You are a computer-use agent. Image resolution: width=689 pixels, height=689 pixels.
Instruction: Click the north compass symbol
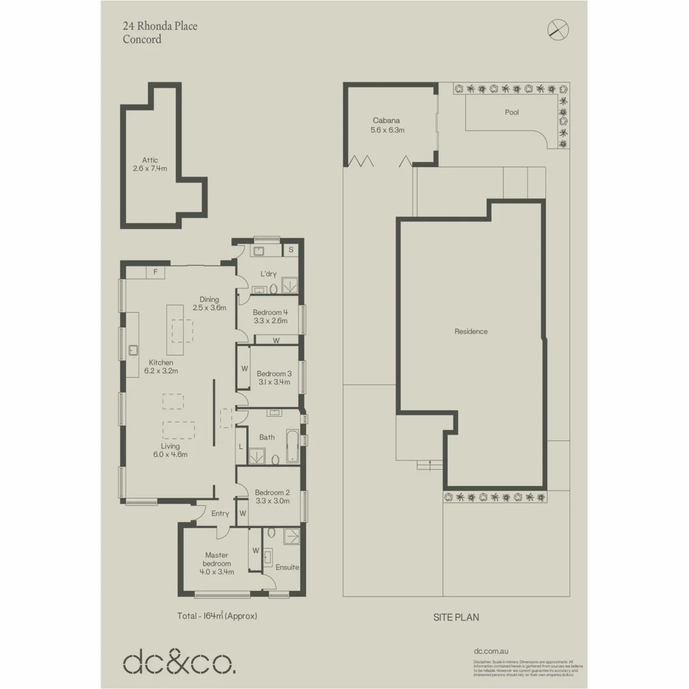click(x=558, y=29)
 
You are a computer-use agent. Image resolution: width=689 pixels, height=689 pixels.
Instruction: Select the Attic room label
click(x=150, y=160)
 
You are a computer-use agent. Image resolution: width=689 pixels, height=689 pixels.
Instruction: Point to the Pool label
click(x=512, y=112)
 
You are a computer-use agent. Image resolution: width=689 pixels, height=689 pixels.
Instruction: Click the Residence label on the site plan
click(x=471, y=331)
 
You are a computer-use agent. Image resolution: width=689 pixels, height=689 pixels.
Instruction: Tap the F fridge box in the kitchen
click(x=155, y=272)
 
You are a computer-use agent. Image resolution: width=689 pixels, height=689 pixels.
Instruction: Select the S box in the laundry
click(x=291, y=250)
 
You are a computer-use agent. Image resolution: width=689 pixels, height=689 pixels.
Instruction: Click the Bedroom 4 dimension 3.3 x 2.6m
click(x=270, y=321)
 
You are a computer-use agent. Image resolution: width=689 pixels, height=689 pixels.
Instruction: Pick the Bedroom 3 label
click(x=274, y=373)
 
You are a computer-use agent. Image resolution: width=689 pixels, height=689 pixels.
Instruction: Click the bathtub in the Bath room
click(x=292, y=447)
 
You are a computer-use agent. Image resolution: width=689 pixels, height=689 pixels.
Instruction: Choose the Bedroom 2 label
click(x=272, y=492)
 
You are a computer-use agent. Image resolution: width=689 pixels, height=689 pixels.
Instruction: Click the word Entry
click(x=220, y=514)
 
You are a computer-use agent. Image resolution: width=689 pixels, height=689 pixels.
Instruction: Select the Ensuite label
click(x=286, y=567)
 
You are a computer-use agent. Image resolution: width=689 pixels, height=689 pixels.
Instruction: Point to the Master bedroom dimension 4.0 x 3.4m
click(x=216, y=572)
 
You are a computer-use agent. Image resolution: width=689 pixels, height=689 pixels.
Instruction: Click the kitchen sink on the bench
click(x=134, y=349)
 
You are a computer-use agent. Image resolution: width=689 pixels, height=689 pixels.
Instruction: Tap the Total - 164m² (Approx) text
click(x=217, y=616)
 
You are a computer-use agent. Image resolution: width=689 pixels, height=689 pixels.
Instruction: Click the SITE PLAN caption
click(x=456, y=618)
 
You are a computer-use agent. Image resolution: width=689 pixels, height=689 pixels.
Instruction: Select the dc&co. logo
click(x=179, y=663)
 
